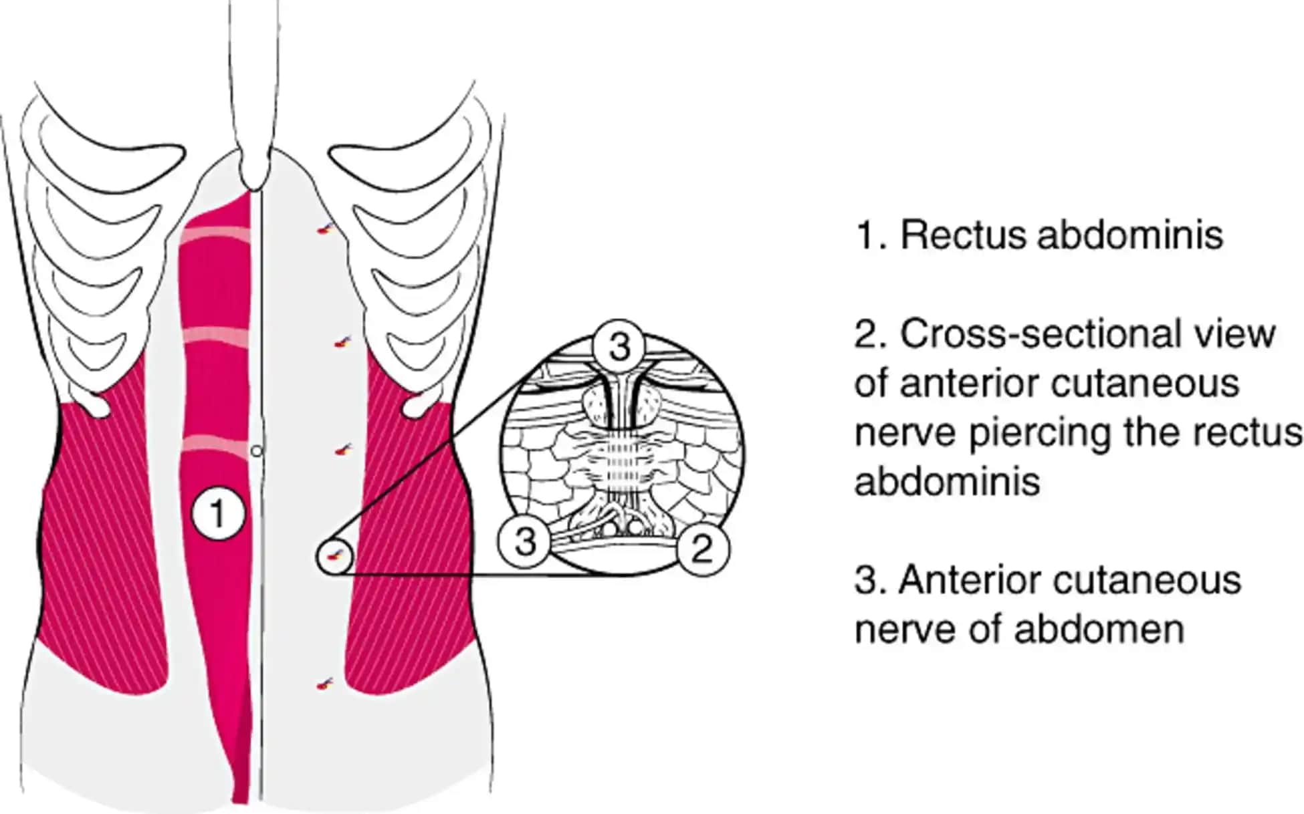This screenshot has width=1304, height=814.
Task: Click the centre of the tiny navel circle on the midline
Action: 256,451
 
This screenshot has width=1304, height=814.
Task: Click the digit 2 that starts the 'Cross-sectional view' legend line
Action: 866,334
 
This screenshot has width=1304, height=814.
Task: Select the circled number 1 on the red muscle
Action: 218,514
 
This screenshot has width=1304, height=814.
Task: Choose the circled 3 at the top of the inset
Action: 619,347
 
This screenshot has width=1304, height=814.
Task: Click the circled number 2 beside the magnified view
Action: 701,549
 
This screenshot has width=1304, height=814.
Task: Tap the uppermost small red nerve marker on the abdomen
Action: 326,229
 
